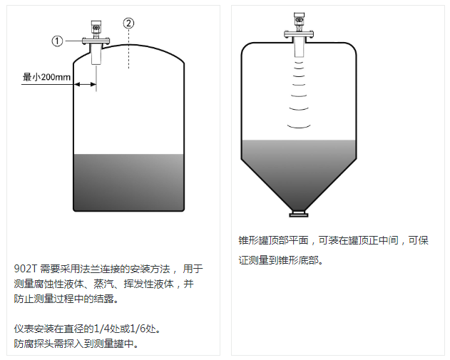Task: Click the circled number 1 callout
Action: tap(58, 41)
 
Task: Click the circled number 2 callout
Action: tap(128, 24)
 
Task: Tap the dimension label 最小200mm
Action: tap(46, 76)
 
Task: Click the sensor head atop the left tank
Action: tap(94, 27)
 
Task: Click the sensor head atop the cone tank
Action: tap(298, 17)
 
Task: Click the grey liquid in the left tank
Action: tap(128, 182)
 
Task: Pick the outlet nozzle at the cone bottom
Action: tap(298, 212)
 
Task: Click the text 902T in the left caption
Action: tap(25, 269)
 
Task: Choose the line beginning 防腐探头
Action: tap(76, 344)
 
